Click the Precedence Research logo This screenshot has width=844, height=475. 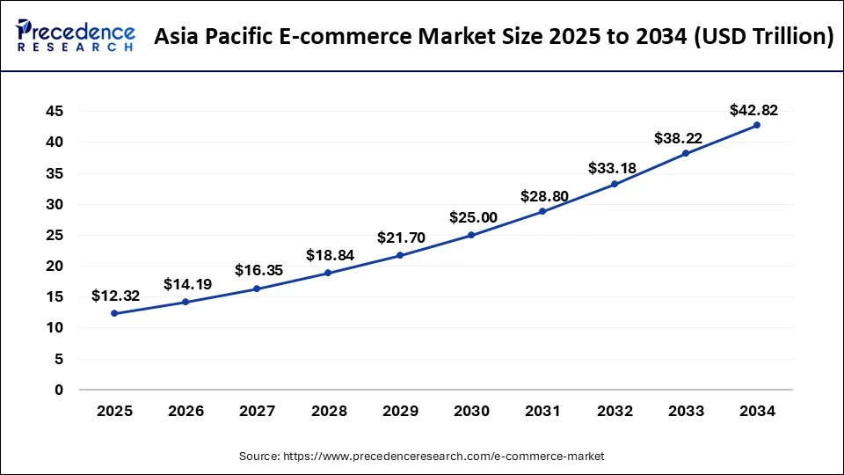[76, 36]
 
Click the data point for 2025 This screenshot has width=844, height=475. [114, 313]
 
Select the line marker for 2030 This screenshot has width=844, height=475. [472, 235]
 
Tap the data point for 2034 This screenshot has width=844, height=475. [757, 125]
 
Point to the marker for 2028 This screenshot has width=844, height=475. [329, 273]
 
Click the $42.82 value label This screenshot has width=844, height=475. [753, 110]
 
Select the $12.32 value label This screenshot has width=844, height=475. [114, 296]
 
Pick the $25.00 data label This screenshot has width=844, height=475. [472, 217]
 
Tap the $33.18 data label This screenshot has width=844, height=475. [614, 167]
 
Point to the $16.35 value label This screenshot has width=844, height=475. [258, 271]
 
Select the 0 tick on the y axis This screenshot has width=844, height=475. [59, 390]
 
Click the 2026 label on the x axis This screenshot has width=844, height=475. [186, 411]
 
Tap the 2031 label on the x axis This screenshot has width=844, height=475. [542, 411]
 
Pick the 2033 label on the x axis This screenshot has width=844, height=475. [686, 411]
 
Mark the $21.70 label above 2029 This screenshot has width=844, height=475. [400, 237]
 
